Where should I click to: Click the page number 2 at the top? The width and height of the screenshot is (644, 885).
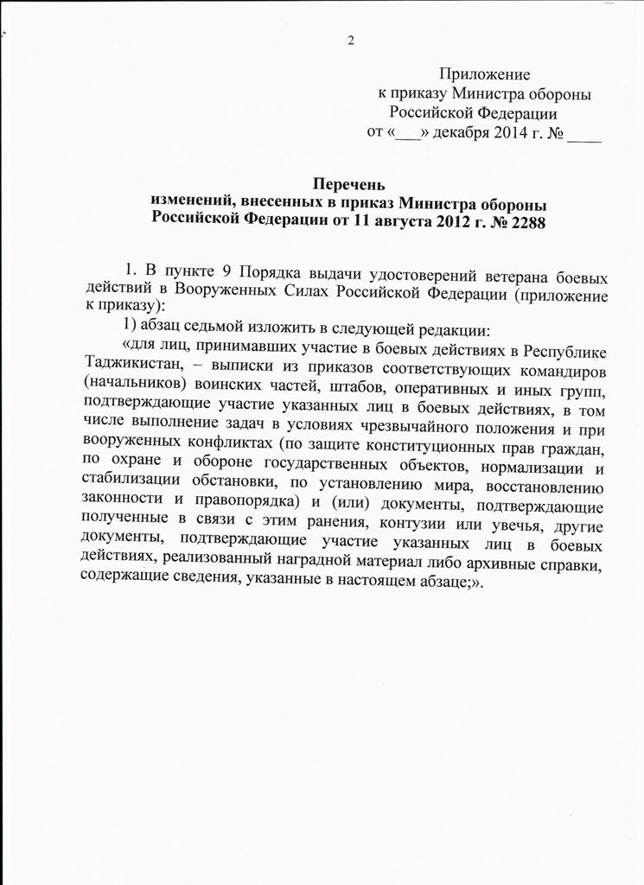352,41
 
